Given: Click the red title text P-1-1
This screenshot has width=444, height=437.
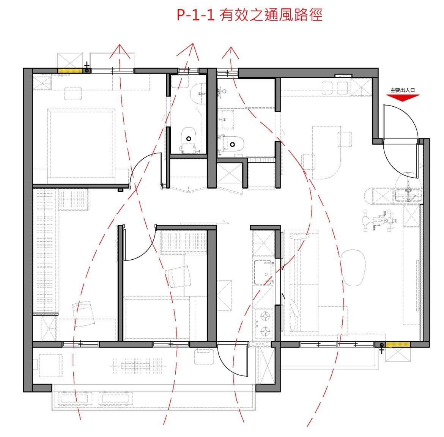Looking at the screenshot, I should (196, 15).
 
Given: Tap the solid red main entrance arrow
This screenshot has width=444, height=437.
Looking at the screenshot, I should (403, 97).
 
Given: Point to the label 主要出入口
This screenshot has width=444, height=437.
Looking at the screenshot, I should (403, 90).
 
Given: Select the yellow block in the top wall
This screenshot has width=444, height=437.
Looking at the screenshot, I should (70, 71).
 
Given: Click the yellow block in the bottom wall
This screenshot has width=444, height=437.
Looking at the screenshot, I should (398, 344).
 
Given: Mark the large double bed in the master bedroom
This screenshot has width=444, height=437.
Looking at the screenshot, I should (81, 144).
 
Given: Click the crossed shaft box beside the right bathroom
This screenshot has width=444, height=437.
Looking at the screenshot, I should (229, 173).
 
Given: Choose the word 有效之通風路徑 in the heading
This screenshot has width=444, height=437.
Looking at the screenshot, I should (271, 15).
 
